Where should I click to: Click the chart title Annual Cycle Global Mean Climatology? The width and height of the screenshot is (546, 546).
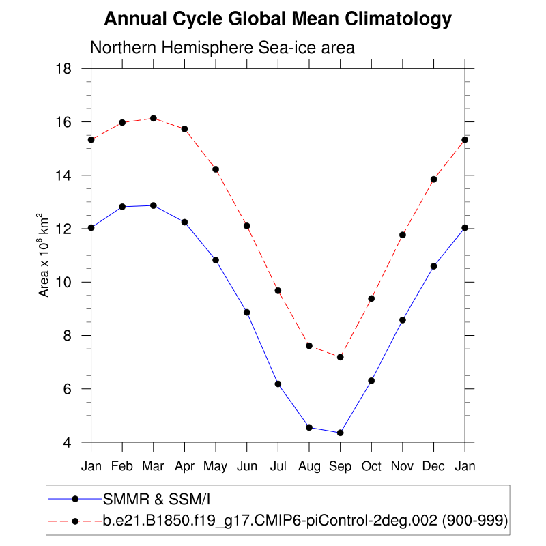coord(278,19)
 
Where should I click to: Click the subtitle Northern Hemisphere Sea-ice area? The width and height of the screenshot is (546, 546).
coord(222,48)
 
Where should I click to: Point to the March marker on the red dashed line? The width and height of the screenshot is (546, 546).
coord(154,118)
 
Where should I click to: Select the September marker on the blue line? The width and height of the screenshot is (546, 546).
coord(341,433)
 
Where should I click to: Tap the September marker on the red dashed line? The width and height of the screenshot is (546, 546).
coord(341,357)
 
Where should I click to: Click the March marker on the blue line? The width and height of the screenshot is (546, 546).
coord(154,205)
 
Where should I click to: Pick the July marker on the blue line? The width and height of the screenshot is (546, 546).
coord(278,384)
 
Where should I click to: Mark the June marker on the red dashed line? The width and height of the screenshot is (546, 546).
coord(247,226)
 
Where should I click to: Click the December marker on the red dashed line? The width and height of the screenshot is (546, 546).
coord(433,179)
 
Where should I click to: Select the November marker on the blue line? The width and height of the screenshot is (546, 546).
coord(403,320)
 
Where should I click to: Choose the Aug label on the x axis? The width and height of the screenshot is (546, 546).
coord(309,466)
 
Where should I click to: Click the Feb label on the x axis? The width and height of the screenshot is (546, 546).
coord(122,466)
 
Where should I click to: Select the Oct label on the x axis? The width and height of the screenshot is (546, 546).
coord(371,466)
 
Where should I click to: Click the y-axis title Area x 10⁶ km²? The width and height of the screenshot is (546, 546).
coord(45,255)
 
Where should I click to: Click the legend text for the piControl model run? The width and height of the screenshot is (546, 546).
coord(304,521)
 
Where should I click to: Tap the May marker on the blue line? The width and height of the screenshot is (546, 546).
coord(216,260)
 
